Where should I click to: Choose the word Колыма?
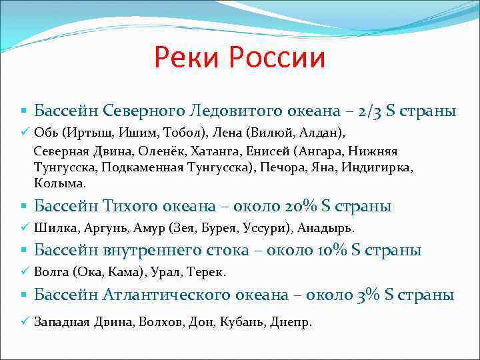[x=61, y=183]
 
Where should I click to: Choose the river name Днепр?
[x=291, y=322]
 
